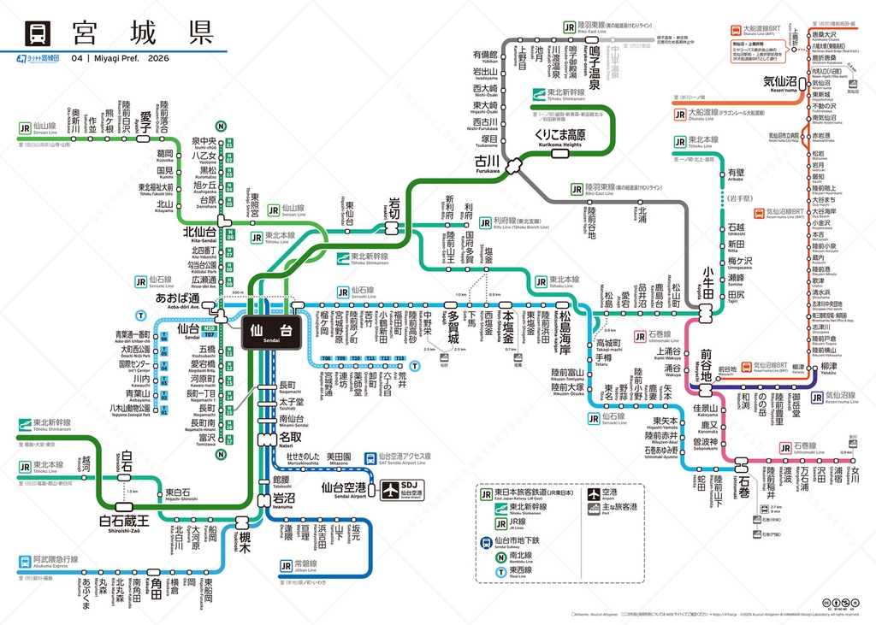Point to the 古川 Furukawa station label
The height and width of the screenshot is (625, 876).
click(x=488, y=160)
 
